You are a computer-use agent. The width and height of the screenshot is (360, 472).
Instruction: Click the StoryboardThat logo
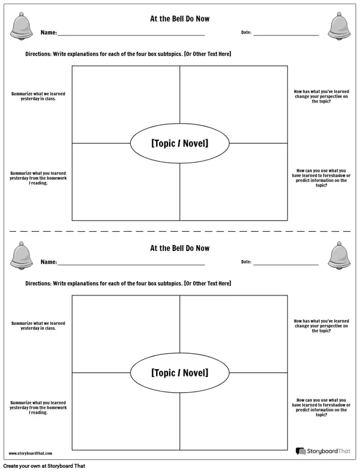click(x=323, y=451)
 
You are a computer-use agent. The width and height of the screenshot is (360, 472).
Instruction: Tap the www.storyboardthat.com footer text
click(x=31, y=453)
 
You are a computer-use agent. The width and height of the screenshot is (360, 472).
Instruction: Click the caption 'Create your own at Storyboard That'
click(x=44, y=466)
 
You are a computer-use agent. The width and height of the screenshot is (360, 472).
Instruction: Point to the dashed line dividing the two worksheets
click(x=180, y=231)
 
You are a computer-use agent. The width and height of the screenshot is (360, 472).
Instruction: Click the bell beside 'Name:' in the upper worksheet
click(x=22, y=26)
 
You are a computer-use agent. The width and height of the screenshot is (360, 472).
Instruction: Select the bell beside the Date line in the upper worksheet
click(x=339, y=26)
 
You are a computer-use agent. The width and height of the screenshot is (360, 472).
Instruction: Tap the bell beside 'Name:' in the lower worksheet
click(x=22, y=256)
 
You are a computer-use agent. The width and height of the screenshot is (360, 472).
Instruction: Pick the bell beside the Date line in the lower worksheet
click(x=339, y=256)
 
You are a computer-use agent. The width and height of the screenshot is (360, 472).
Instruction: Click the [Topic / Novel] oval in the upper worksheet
click(x=180, y=124)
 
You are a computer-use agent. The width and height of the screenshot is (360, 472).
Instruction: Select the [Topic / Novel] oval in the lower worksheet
click(x=180, y=353)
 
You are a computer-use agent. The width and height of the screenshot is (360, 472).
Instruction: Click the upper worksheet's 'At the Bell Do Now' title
click(x=180, y=19)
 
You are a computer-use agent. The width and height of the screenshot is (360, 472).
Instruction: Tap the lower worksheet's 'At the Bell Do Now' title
click(x=180, y=248)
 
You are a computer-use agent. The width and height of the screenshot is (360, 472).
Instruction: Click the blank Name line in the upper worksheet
click(x=131, y=35)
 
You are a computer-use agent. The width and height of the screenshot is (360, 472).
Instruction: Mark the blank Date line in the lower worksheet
click(x=286, y=265)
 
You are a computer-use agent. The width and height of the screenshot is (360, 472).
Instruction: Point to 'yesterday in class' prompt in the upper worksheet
click(x=38, y=96)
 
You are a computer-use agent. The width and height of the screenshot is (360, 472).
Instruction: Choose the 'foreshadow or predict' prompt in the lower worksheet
click(x=321, y=407)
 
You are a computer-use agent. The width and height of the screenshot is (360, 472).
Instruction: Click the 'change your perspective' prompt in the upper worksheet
click(x=321, y=96)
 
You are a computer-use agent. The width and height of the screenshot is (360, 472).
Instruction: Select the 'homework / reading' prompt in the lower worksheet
click(x=38, y=408)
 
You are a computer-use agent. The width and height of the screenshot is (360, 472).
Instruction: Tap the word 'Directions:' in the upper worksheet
click(x=38, y=54)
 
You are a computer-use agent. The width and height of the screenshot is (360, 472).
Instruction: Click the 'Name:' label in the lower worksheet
click(x=49, y=262)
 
